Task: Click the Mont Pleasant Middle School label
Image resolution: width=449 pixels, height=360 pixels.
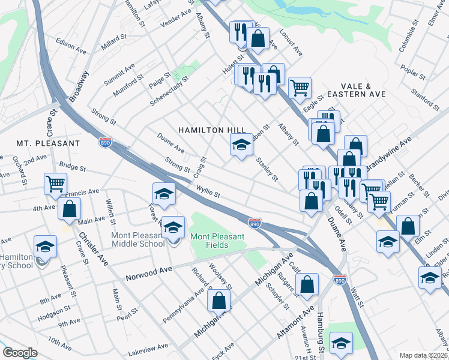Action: (138, 239)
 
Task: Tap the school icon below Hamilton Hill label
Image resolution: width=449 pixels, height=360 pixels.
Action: (241, 146)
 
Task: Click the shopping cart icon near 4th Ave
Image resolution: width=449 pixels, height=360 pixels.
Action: (55, 184)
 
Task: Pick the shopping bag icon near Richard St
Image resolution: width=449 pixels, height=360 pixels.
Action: (220, 301)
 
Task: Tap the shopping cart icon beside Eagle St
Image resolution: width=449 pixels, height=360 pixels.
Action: (300, 88)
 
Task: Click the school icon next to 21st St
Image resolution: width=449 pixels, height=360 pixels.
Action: (341, 343)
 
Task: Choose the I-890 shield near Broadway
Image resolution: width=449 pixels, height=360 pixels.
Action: (106, 142)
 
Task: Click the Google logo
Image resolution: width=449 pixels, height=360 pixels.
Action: (20, 353)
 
